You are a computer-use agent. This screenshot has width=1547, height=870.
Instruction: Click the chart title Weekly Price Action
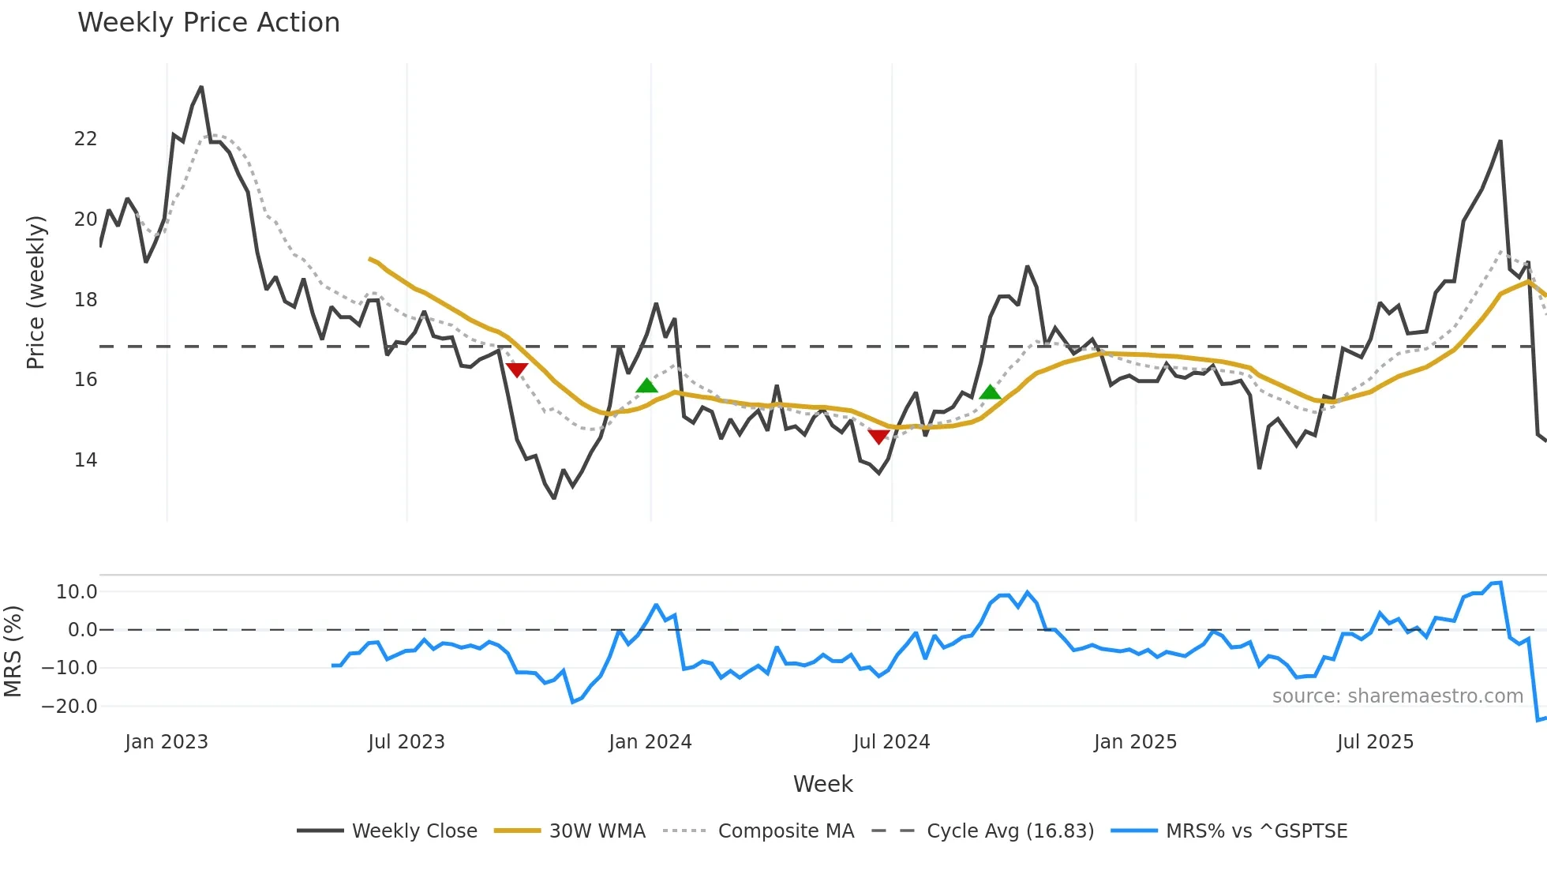[x=208, y=23]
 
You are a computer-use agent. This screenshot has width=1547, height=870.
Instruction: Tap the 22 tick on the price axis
[x=85, y=139]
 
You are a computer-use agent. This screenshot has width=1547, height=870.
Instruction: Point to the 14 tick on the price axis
[x=85, y=460]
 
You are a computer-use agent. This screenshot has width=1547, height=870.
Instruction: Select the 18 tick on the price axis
[x=85, y=300]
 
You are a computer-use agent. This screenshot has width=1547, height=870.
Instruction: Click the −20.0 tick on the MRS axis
[x=69, y=707]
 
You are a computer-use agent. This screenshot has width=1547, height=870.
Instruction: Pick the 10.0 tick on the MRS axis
[x=77, y=592]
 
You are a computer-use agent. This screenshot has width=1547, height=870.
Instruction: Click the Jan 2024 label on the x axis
[x=650, y=742]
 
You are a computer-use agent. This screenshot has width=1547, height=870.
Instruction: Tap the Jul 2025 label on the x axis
[x=1375, y=742]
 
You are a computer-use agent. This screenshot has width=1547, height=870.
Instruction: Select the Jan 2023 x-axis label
[x=167, y=742]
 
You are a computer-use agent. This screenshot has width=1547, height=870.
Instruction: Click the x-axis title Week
[x=822, y=784]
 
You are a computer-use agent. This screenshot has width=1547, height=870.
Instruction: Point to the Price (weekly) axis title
[x=36, y=292]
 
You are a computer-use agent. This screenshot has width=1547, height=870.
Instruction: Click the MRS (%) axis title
[x=13, y=651]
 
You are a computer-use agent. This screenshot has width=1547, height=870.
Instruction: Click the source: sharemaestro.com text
[x=1397, y=696]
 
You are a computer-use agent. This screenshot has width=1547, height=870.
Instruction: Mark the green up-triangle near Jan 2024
[x=646, y=386]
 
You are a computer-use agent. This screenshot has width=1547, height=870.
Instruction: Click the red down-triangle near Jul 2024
[x=878, y=437]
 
